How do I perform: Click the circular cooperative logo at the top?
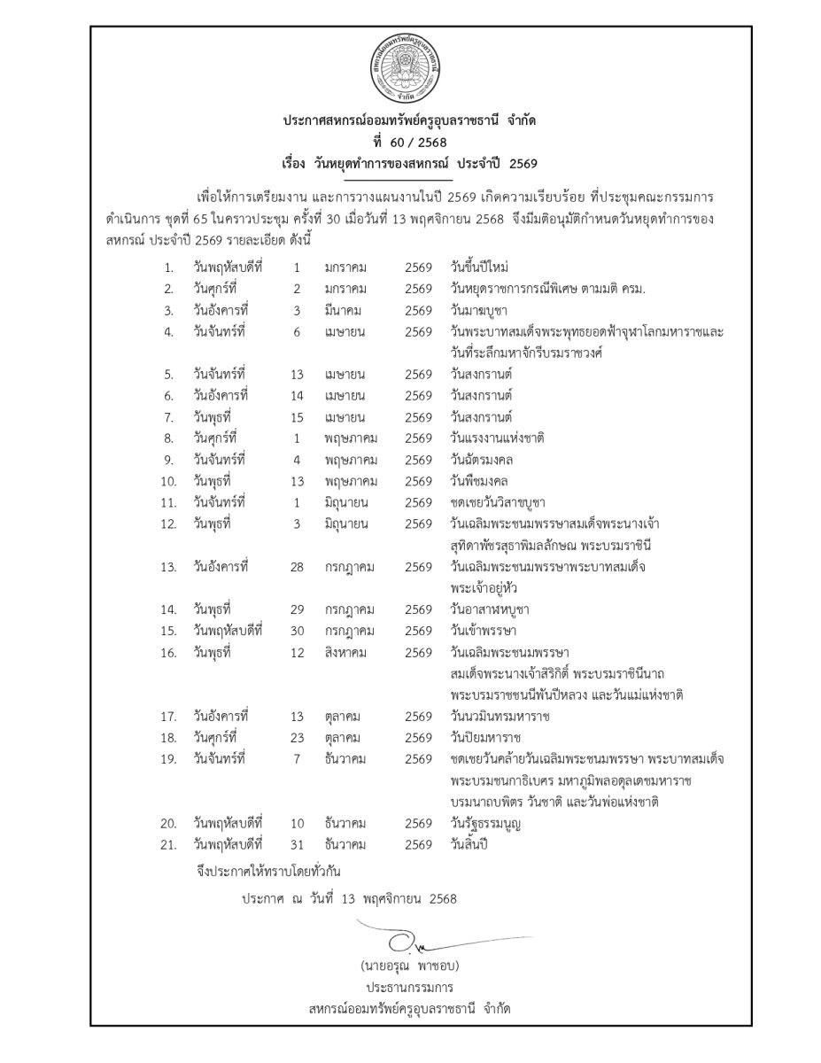click(408, 73)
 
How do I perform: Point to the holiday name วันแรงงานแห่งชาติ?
click(497, 438)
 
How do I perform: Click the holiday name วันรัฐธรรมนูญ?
click(484, 823)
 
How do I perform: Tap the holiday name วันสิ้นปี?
click(469, 844)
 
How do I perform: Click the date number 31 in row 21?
click(298, 844)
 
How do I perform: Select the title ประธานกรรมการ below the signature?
click(408, 986)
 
